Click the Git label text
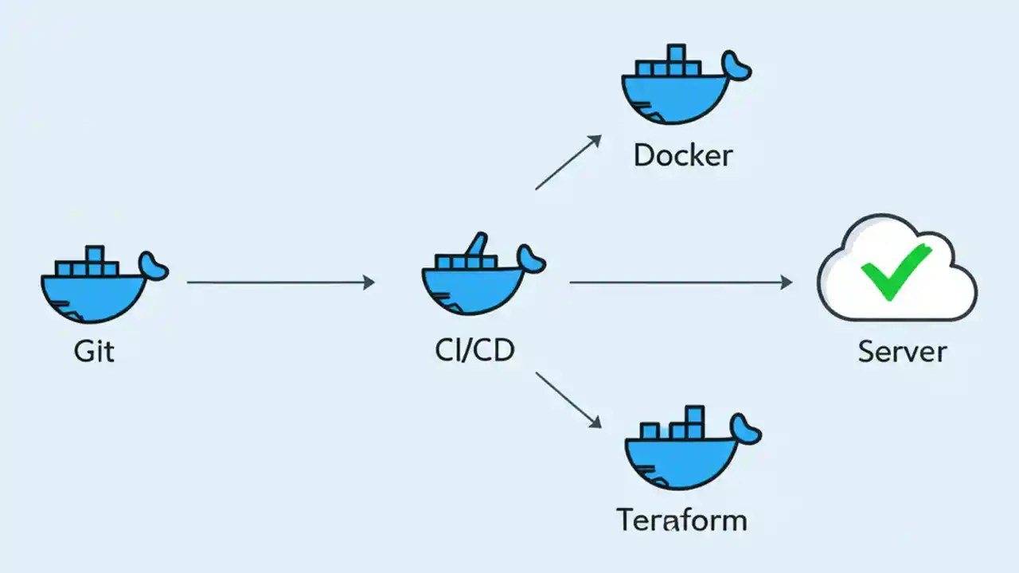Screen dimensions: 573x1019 coord(94,350)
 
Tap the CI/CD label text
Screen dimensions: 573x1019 coord(474,350)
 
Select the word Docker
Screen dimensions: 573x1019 coord(682,155)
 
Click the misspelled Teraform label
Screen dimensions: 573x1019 coord(682,520)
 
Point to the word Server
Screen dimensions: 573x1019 coord(902,350)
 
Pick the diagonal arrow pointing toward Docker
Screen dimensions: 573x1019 coord(567,162)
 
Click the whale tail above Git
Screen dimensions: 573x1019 coord(154,266)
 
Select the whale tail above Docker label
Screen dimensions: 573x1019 coord(736,67)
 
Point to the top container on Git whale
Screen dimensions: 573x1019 coord(95,255)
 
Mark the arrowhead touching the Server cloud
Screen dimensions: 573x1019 coord(787,282)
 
